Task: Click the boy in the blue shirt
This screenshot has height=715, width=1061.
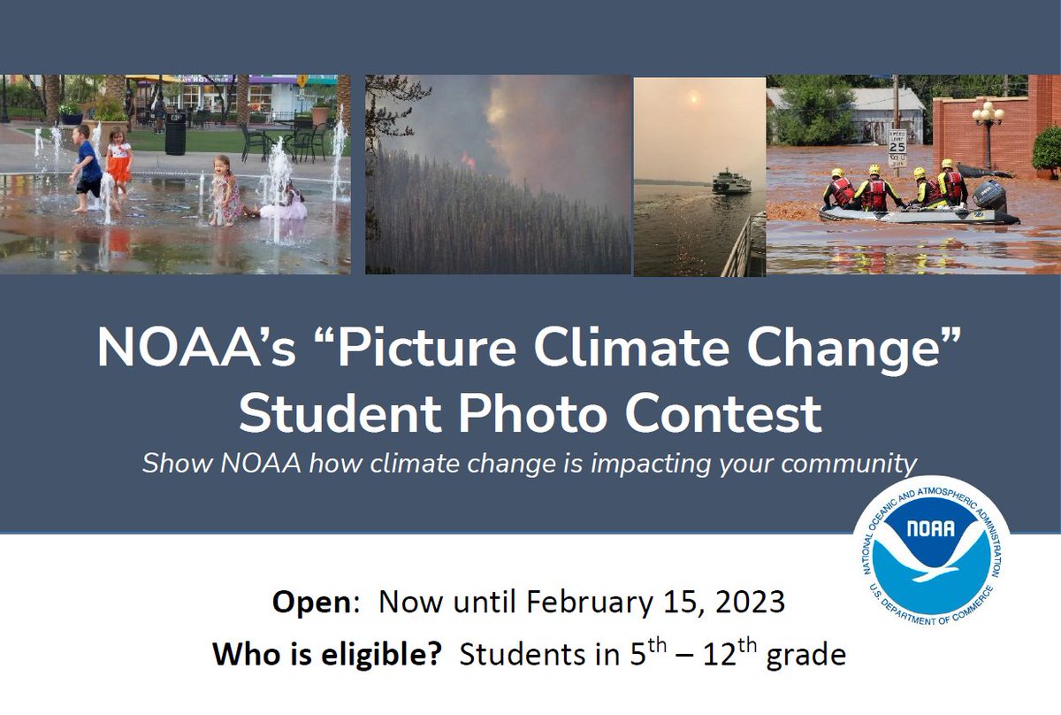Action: pos(88,165)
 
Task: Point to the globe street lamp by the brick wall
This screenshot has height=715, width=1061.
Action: pos(987,115)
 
